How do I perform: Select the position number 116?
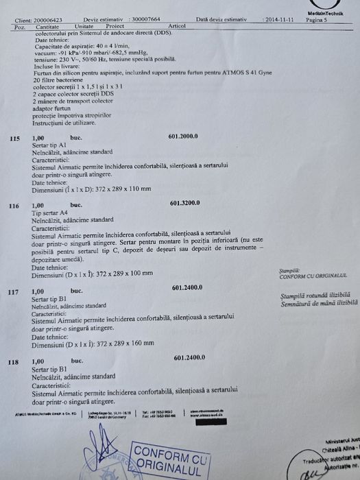14,206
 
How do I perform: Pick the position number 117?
13,292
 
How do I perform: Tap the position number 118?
13,361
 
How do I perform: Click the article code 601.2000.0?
182,136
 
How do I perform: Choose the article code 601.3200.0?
184,204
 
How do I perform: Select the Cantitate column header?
43,26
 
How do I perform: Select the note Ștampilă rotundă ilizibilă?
315,295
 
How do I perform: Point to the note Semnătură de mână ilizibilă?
315,302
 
